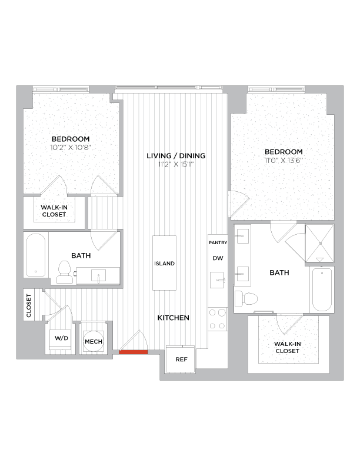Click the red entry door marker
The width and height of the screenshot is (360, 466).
(133, 352)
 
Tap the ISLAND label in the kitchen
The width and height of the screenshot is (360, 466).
(164, 264)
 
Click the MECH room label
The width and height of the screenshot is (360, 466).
(93, 341)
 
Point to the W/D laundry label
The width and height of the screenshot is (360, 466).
(61, 339)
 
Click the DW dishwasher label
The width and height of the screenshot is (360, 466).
(217, 258)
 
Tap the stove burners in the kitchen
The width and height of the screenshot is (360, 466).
(217, 319)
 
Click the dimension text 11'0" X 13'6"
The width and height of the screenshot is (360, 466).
(284, 160)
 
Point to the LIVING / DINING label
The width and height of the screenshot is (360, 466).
(176, 156)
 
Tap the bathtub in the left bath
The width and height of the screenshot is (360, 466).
(36, 257)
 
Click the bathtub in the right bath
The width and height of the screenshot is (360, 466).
(322, 289)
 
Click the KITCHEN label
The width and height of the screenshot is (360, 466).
(174, 318)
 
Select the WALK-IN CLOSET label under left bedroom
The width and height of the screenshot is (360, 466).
(54, 211)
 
